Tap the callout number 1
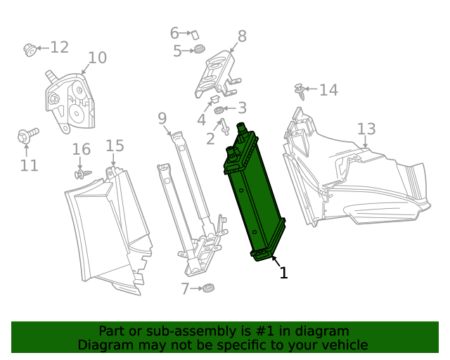(x=283, y=273)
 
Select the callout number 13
(x=366, y=129)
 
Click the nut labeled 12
(x=30, y=49)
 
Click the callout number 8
(x=241, y=36)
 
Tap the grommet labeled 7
(x=207, y=288)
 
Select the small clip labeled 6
(x=197, y=34)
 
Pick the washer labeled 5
(x=199, y=51)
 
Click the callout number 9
(x=162, y=117)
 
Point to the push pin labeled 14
(x=300, y=91)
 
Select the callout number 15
(x=115, y=146)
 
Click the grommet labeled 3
(x=219, y=110)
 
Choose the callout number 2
(x=210, y=139)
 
